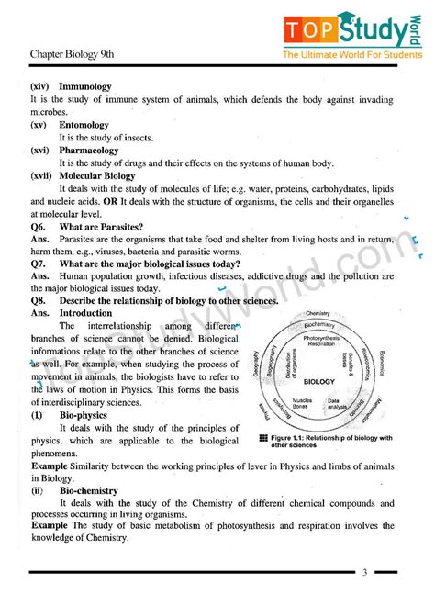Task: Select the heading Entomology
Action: (84, 125)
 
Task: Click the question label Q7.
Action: (38, 264)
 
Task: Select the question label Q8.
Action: (38, 300)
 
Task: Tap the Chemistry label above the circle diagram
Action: (318, 313)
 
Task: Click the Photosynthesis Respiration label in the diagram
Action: (320, 342)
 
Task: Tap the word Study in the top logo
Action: (367, 30)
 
